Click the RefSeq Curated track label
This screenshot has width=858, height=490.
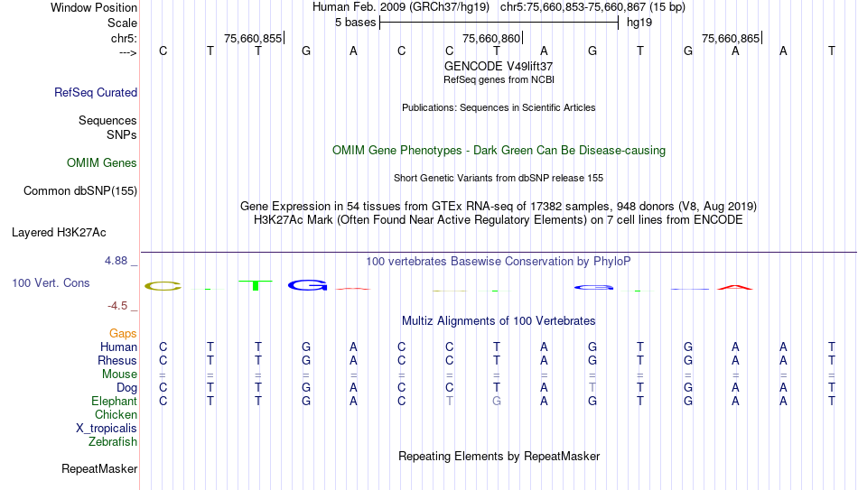96,92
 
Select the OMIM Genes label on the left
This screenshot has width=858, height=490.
102,163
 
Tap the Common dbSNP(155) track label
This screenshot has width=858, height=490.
80,191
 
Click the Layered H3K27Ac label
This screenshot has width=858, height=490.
59,233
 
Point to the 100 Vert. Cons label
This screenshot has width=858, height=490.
51,282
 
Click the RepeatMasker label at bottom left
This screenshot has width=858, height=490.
99,468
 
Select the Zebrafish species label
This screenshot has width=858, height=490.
113,441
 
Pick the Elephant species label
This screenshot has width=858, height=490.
114,401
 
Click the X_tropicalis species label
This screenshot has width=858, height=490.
107,429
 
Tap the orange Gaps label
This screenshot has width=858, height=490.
123,334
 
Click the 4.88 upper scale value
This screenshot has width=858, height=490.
116,261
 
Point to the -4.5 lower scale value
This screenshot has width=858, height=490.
117,306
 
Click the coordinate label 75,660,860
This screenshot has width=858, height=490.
491,38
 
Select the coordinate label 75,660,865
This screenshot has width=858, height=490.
731,38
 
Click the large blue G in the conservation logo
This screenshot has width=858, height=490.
307,285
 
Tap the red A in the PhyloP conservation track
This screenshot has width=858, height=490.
735,287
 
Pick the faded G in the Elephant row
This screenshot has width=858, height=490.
497,401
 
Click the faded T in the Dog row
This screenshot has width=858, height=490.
592,388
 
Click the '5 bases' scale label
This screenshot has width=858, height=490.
356,23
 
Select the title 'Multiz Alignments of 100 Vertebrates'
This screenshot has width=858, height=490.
499,321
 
